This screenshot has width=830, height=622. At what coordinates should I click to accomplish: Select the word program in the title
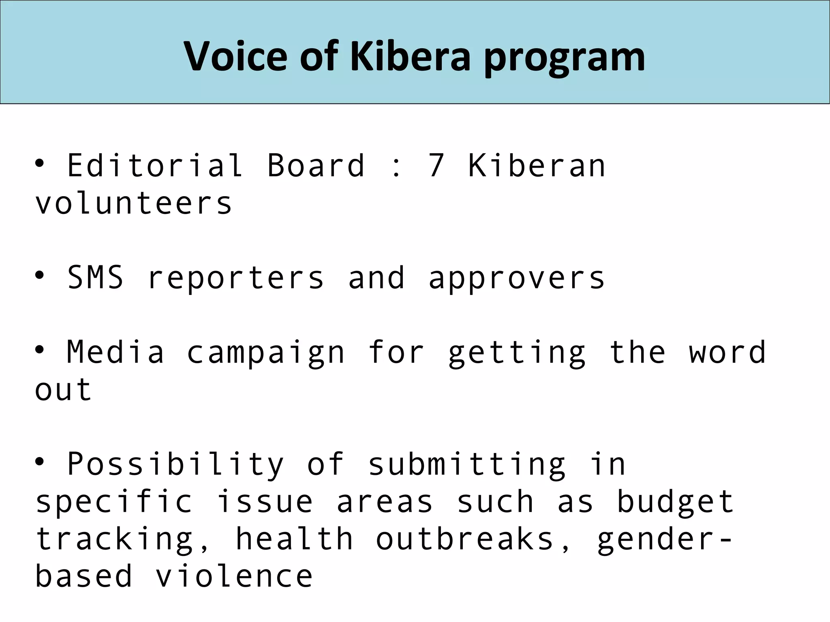[564, 59]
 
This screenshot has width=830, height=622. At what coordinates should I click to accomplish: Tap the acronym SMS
[95, 278]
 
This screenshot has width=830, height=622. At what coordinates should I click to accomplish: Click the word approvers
[516, 279]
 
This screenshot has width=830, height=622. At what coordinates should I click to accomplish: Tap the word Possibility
[175, 464]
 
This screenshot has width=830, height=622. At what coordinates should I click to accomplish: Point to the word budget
[675, 502]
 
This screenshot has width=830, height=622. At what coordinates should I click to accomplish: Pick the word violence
[234, 576]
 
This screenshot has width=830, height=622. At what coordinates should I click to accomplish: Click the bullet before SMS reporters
[39, 276]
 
